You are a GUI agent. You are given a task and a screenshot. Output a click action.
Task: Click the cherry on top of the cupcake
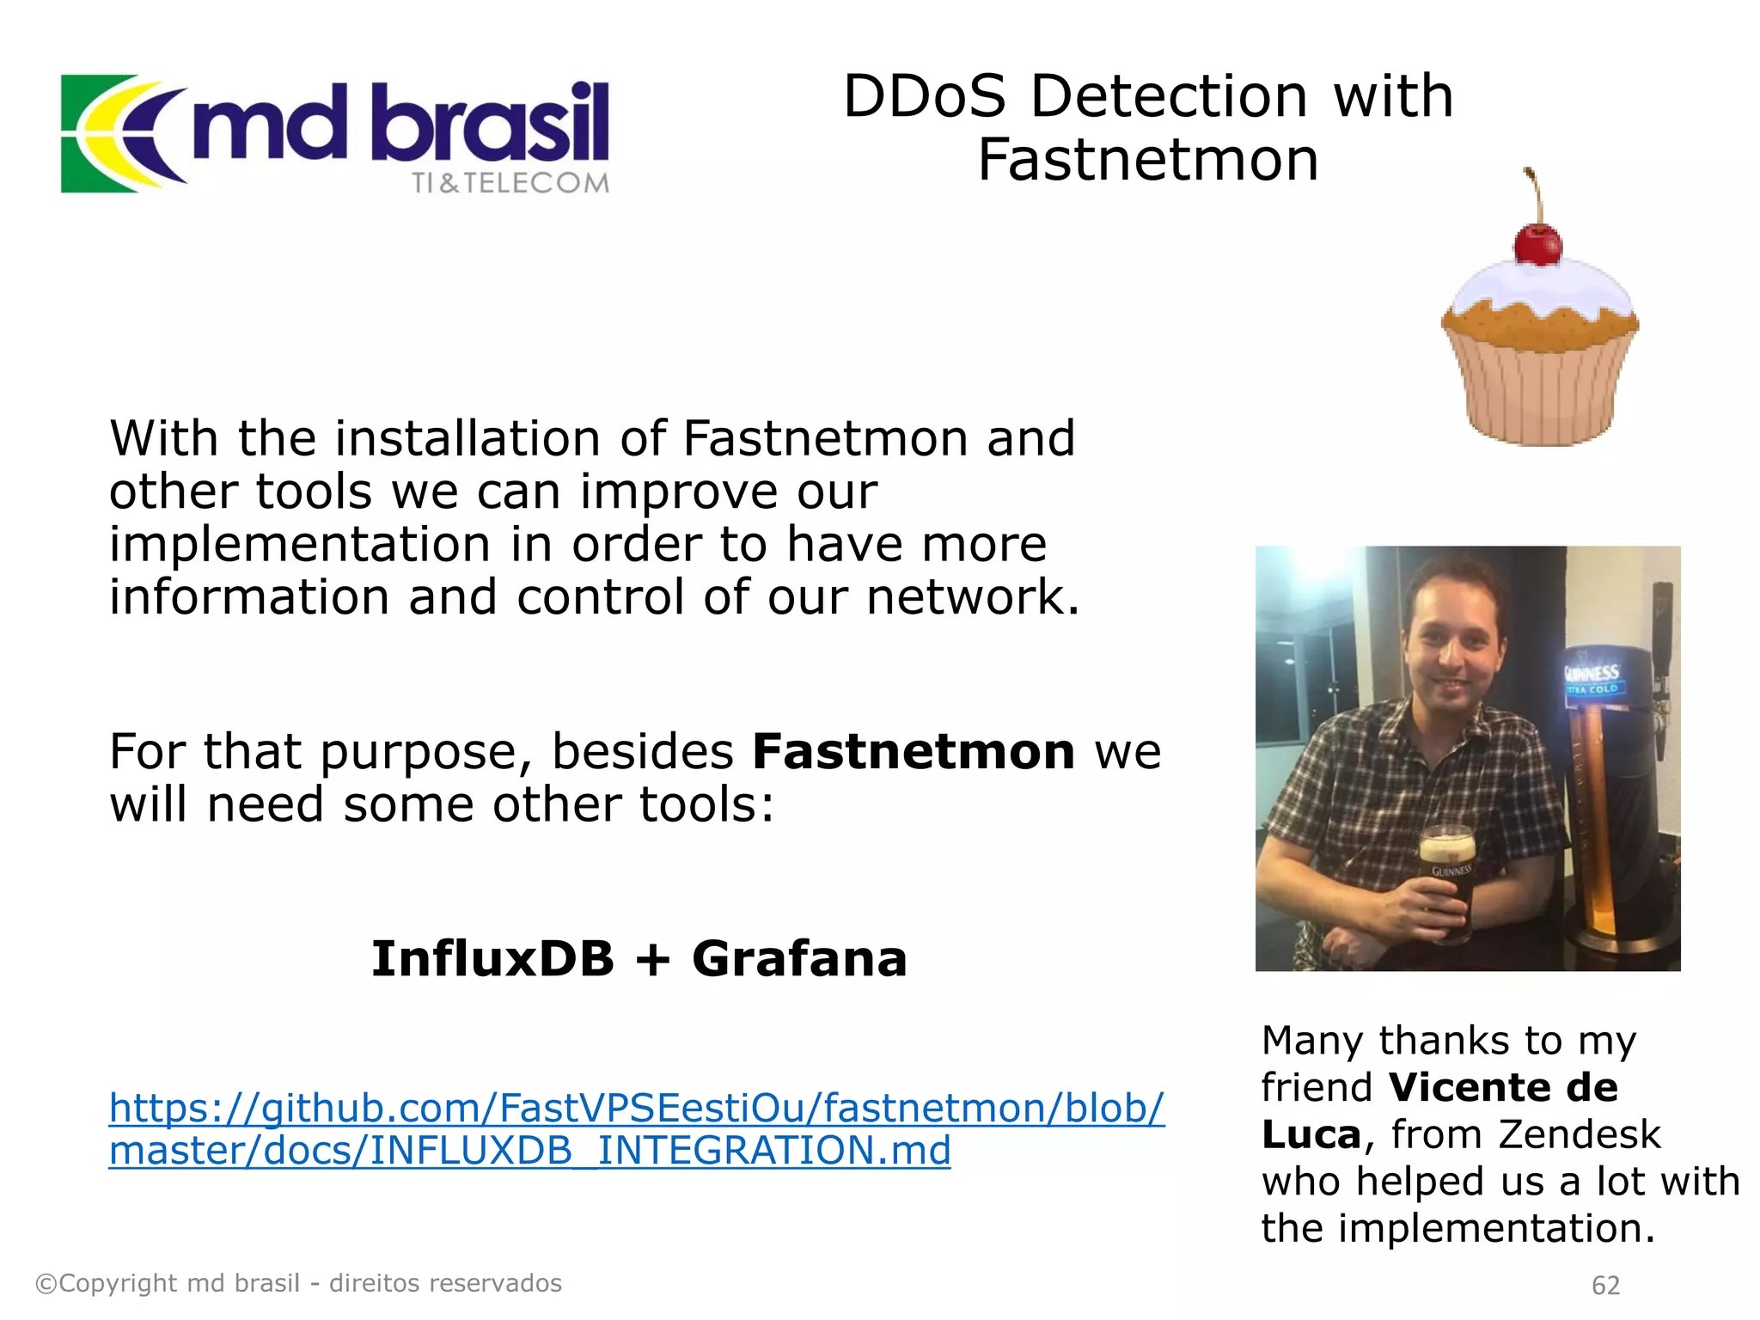pos(1537,244)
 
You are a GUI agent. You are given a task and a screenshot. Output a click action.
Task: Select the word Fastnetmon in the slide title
pos(1148,161)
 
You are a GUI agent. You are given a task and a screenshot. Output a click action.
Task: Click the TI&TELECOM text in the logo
pos(510,183)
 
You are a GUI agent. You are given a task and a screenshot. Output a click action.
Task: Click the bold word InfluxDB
pos(492,959)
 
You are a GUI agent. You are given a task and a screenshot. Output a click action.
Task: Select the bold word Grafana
pos(799,959)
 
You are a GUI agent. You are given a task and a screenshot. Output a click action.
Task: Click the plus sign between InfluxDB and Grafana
pos(653,960)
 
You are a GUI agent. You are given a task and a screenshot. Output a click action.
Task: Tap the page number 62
pos(1605,1285)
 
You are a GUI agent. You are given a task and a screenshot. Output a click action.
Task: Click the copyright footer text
pos(298,1283)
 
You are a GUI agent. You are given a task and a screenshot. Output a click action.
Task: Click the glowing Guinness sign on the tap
pos(1592,678)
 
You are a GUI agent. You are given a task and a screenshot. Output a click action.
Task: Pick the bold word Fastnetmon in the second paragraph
pos(914,752)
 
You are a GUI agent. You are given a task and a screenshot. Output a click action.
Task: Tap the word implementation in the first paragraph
pos(300,545)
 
